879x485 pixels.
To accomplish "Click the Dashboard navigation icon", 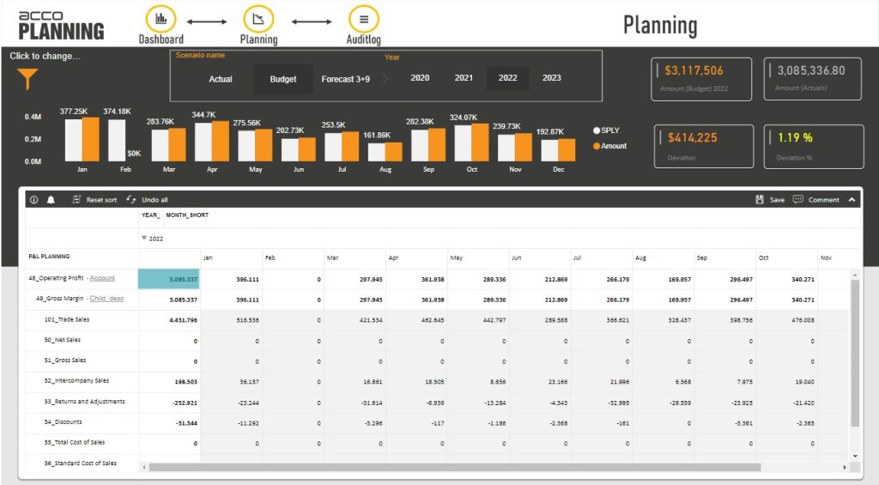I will [161, 20].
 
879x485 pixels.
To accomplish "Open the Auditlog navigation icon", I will [364, 20].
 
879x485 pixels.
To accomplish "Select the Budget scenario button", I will [283, 79].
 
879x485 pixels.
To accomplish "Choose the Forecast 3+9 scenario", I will [346, 79].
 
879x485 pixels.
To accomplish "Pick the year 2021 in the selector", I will [464, 78].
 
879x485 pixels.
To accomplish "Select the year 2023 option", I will [552, 78].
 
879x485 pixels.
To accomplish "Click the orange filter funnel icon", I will [27, 80].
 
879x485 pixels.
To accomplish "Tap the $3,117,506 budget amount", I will [694, 70].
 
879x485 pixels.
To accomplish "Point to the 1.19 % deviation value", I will [796, 137].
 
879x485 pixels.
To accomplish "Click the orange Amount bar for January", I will [90, 139].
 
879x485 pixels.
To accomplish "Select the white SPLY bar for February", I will [117, 140].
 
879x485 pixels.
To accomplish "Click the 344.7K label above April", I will [203, 114].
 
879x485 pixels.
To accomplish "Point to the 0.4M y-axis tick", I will [33, 117].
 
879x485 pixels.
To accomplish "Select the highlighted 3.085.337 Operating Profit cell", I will [169, 279].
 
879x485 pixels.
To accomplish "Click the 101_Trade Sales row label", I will [66, 319].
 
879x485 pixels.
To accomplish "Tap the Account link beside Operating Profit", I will [102, 278].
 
